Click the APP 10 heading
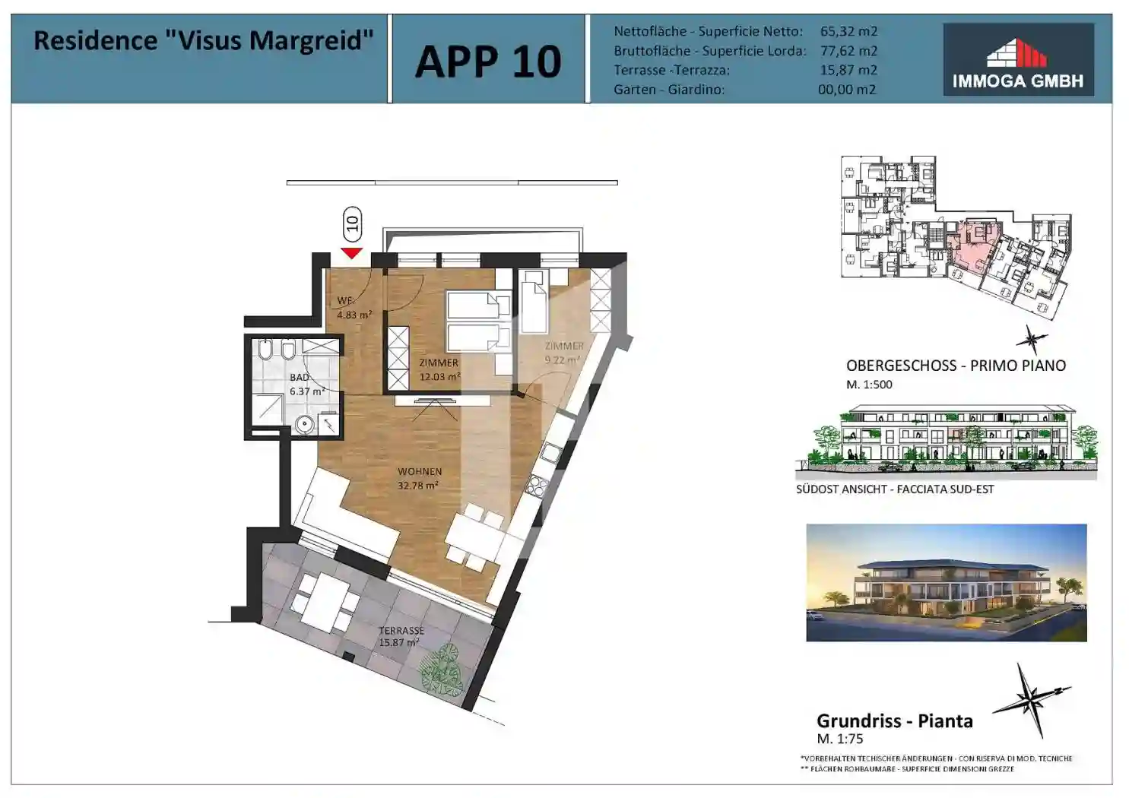pyautogui.click(x=487, y=61)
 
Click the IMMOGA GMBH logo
pyautogui.click(x=1017, y=59)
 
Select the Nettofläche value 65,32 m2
pyautogui.click(x=848, y=31)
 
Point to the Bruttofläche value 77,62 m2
pyautogui.click(x=848, y=51)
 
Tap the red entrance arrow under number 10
pyautogui.click(x=351, y=252)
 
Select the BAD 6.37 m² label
pyautogui.click(x=306, y=385)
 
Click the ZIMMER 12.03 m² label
pyautogui.click(x=439, y=369)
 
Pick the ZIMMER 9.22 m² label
pyautogui.click(x=563, y=353)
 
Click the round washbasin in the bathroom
pyautogui.click(x=305, y=424)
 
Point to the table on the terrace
pyautogui.click(x=326, y=601)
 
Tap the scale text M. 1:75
pyautogui.click(x=839, y=739)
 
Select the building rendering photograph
pyautogui.click(x=946, y=582)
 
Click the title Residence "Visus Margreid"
pyautogui.click(x=203, y=40)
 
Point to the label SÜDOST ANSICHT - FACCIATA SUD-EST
pyautogui.click(x=894, y=489)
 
